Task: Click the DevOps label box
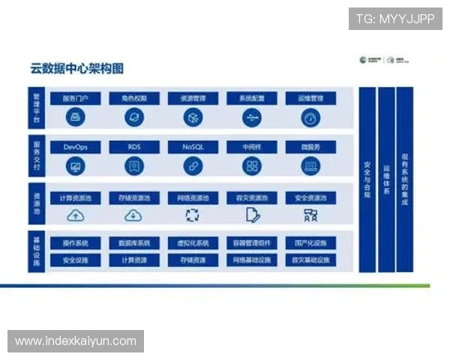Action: click(x=76, y=148)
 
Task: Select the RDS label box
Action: click(x=134, y=148)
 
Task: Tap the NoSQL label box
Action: click(x=193, y=148)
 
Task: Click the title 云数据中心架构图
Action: click(x=72, y=70)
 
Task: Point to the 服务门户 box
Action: click(x=76, y=98)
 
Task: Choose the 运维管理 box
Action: click(x=310, y=98)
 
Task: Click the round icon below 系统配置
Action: click(x=252, y=118)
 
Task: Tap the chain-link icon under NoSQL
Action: click(x=193, y=166)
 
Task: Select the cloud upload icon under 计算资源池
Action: click(x=76, y=216)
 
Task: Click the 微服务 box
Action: click(x=310, y=148)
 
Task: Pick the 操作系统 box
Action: click(x=76, y=243)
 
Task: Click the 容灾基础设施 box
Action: click(x=310, y=260)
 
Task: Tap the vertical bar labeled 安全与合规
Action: click(x=367, y=180)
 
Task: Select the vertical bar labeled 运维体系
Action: click(x=386, y=180)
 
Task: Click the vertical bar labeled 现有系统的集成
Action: click(x=405, y=180)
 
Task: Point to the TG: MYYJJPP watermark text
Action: click(x=395, y=18)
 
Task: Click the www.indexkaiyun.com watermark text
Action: click(x=75, y=341)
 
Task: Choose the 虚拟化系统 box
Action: click(x=193, y=243)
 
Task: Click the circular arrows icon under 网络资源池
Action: click(x=193, y=216)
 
